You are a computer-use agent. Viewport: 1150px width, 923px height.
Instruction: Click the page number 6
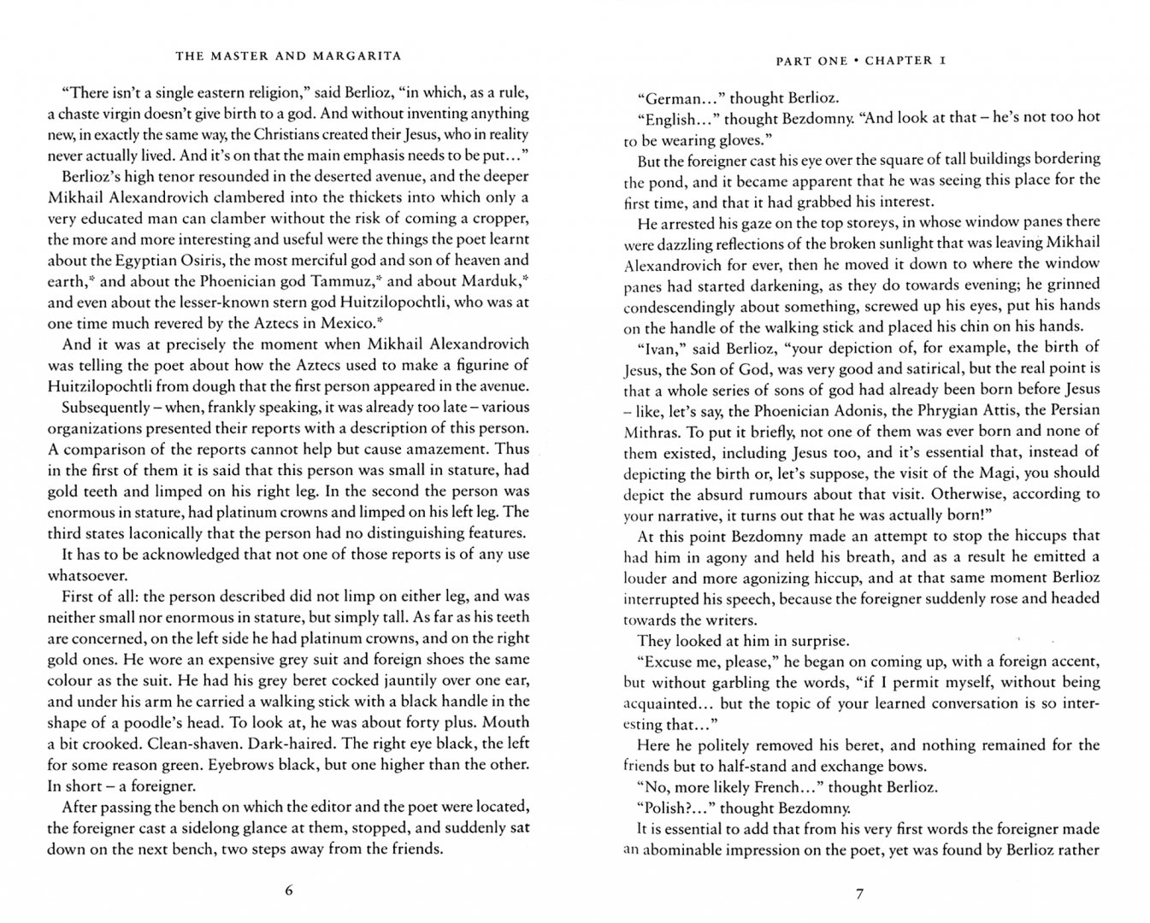[288, 891]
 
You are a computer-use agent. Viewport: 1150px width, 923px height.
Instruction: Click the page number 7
[860, 894]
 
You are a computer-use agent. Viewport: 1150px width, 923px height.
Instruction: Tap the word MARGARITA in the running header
[351, 57]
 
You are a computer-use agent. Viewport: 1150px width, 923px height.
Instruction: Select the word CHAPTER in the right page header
[897, 61]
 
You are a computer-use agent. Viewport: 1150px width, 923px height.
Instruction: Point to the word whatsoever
[88, 575]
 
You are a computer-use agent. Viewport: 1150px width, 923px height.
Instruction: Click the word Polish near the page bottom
[669, 808]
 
